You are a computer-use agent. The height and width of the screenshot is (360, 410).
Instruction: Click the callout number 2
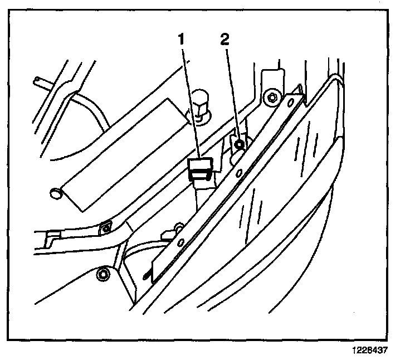[224, 40]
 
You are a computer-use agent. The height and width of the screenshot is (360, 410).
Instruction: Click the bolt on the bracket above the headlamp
[272, 98]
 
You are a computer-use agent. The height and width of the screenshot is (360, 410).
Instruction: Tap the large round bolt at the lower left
[101, 274]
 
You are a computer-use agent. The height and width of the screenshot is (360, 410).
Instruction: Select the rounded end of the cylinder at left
[55, 193]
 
